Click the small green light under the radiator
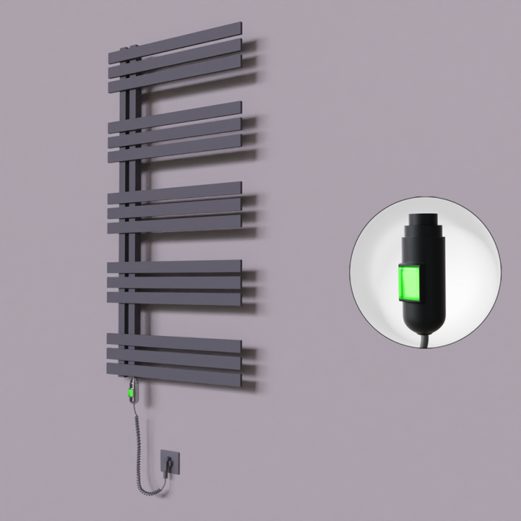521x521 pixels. click(132, 393)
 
